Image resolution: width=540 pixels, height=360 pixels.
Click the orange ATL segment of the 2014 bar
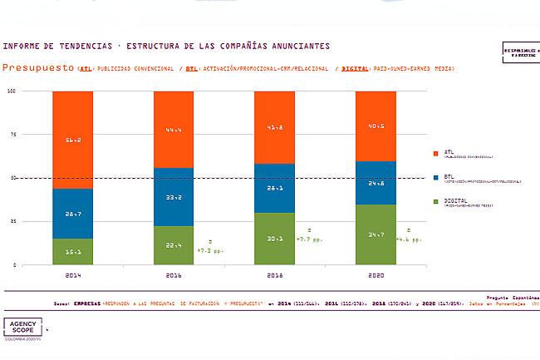72,140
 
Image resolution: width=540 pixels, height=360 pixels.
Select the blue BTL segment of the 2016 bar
174,197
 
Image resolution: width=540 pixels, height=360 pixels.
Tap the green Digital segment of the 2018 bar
275,239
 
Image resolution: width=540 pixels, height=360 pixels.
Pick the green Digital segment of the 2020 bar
376,234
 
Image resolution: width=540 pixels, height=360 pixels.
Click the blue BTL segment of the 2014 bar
72,214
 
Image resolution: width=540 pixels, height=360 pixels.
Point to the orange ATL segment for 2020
376,126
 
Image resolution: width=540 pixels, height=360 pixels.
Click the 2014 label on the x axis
72,274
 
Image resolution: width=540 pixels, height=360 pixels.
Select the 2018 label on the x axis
275,274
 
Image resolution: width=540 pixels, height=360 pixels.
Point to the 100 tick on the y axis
12,91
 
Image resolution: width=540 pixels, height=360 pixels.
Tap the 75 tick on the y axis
12,134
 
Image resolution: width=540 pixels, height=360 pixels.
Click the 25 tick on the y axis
12,221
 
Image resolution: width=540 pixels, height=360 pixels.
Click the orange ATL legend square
435,154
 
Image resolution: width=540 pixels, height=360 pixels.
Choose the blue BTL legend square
435,177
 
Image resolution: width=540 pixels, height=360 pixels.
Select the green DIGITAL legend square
435,201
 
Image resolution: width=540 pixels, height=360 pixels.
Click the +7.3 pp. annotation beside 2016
209,249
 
